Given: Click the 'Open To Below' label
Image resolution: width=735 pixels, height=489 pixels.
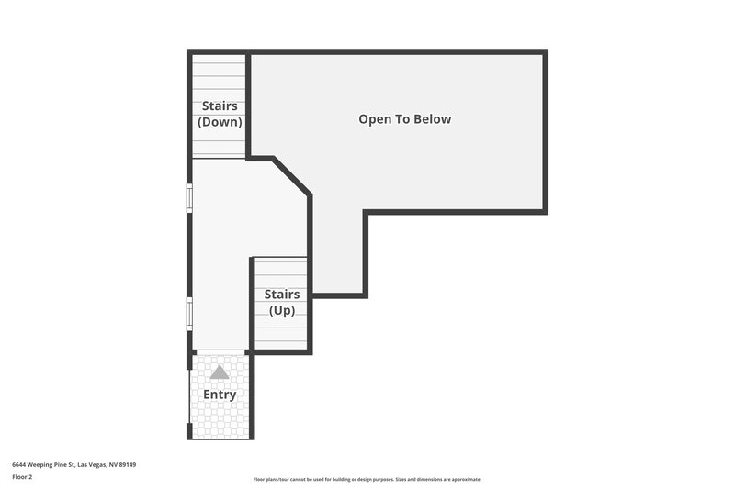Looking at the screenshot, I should [404, 119].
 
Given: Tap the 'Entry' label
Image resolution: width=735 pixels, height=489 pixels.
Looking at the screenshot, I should [220, 395].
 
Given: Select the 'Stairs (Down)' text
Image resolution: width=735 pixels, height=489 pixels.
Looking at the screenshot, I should [220, 114].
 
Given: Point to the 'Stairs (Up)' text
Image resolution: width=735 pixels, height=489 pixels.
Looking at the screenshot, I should [281, 302].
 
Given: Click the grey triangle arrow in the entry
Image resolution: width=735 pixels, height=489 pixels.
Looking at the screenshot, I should [219, 372].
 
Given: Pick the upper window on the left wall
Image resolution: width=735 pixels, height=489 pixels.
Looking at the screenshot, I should [190, 198].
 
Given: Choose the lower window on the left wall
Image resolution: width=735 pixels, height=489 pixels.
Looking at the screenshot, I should [190, 313].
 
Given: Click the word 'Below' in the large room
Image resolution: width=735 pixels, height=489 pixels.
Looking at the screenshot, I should [432, 119].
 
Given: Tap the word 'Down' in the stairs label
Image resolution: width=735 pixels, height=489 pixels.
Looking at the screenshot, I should [220, 122].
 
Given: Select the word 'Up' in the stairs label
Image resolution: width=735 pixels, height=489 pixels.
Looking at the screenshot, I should [281, 310].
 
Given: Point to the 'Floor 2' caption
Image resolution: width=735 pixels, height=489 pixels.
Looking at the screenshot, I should [22, 477].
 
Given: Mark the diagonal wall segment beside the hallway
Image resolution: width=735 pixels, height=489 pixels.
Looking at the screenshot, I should [291, 176].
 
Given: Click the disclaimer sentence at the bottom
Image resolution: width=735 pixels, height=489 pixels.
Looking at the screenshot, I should [367, 479].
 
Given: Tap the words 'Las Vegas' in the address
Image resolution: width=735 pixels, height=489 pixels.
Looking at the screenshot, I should [92, 465].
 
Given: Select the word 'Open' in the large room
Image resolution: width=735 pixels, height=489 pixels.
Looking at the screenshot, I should [373, 119].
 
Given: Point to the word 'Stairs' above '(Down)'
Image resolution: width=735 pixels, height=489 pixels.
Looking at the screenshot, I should [220, 106].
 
